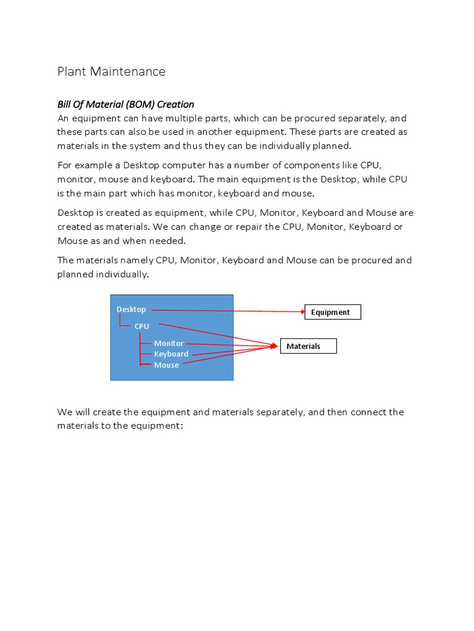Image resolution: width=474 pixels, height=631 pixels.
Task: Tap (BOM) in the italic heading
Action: [x=142, y=104]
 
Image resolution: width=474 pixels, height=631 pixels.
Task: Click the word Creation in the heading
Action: [x=176, y=104]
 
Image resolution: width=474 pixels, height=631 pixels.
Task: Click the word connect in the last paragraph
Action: [x=370, y=412]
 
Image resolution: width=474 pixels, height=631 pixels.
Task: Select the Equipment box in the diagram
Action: [x=333, y=312]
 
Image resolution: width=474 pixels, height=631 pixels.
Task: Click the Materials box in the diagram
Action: [x=309, y=346]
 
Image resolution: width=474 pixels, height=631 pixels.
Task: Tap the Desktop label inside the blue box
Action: [x=131, y=309]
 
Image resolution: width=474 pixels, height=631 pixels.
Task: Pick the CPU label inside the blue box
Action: [x=142, y=327]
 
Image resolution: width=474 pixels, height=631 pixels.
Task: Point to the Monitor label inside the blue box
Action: [x=168, y=343]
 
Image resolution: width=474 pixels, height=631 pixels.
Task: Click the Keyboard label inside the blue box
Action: [x=171, y=354]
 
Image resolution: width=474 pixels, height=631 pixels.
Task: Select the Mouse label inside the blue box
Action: [x=166, y=365]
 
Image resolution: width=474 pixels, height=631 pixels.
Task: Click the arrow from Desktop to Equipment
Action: [x=228, y=311]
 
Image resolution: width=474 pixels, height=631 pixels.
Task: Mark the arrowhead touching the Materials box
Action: [x=275, y=346]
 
